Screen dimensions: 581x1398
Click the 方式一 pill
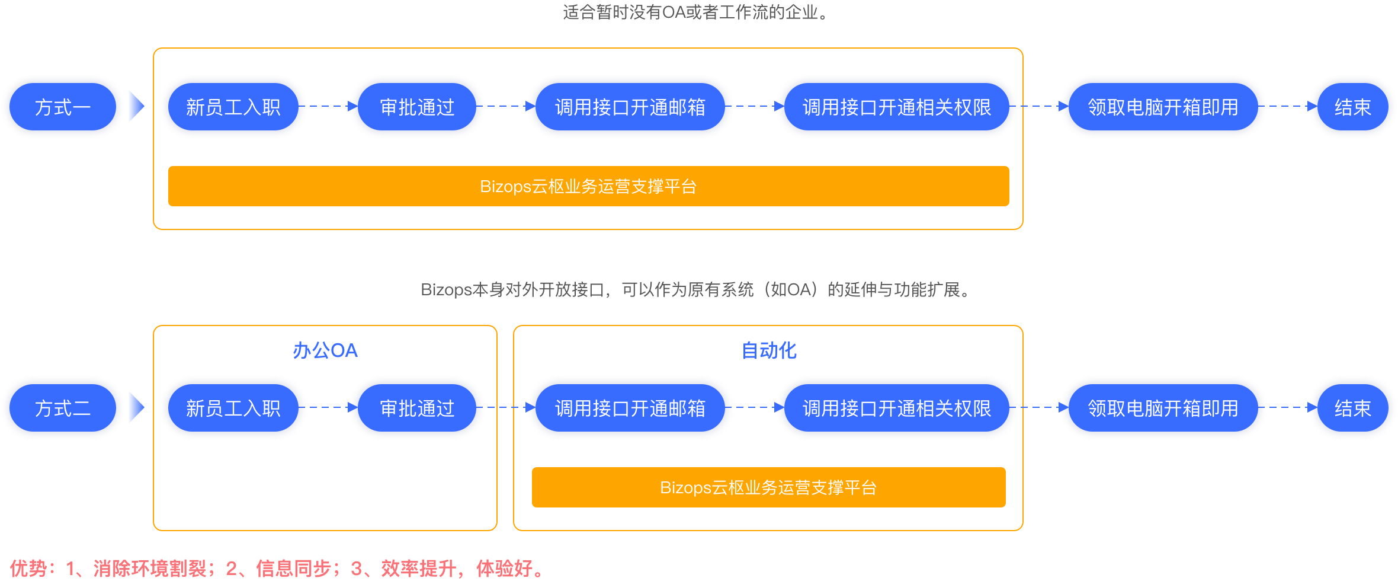coord(62,107)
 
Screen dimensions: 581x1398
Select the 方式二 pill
coord(62,408)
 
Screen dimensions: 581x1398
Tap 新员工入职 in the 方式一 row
coord(233,107)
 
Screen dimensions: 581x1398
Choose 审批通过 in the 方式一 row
coord(417,107)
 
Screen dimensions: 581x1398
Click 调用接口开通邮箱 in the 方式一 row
coord(630,107)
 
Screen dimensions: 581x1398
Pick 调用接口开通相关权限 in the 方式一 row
coord(896,107)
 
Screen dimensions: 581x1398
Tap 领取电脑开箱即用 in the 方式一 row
coord(1163,107)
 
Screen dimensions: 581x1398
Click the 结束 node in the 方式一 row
coord(1352,107)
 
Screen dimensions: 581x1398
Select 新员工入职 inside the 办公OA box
coord(233,408)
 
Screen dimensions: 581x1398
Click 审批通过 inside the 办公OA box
coord(417,408)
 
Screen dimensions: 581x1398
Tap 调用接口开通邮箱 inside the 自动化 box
coord(630,408)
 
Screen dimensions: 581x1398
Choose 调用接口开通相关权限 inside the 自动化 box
coord(896,408)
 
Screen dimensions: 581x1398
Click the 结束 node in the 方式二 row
coord(1352,408)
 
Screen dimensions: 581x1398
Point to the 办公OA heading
coord(325,350)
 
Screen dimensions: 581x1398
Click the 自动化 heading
coord(769,350)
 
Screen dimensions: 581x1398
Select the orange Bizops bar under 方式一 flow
coord(588,186)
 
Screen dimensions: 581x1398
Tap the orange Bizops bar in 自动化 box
coord(768,487)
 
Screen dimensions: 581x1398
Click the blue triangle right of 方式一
coord(136,107)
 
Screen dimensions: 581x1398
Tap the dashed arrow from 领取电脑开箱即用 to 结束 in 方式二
coord(1287,407)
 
